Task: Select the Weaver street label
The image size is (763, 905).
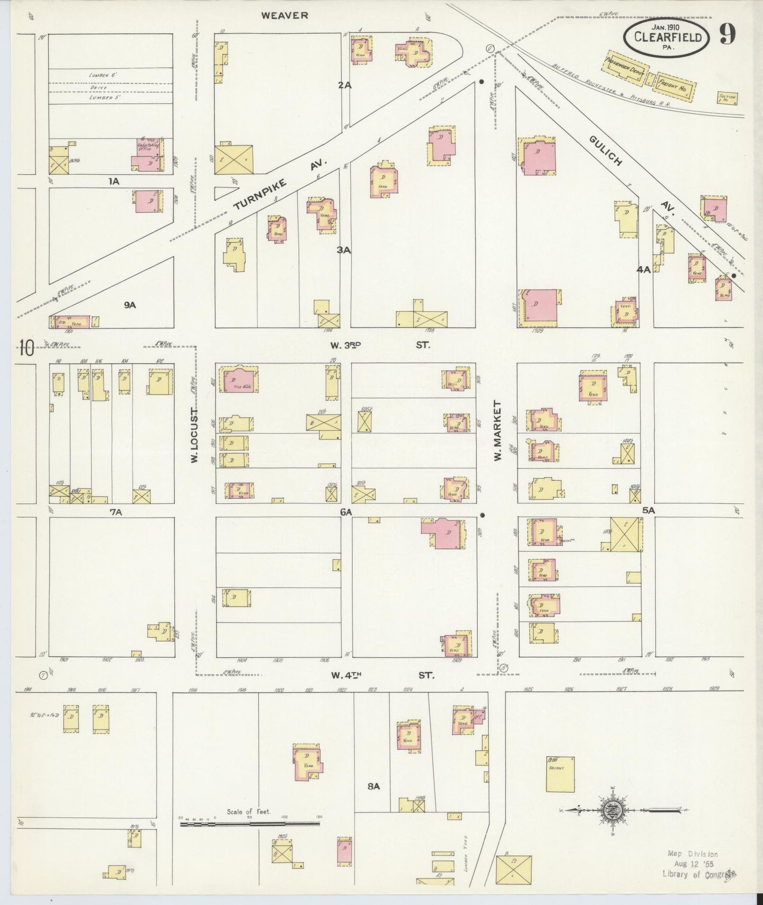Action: [x=285, y=15]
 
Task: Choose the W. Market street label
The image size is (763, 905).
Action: [x=497, y=430]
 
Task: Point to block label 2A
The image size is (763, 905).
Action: [x=345, y=84]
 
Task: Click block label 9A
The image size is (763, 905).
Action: [x=129, y=305]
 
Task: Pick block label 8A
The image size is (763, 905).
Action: [x=373, y=787]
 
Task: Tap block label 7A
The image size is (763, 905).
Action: [x=116, y=512]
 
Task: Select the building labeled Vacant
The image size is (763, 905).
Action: [x=560, y=774]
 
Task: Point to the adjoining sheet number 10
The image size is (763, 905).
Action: [x=26, y=348]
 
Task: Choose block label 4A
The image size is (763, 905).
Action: [x=643, y=269]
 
